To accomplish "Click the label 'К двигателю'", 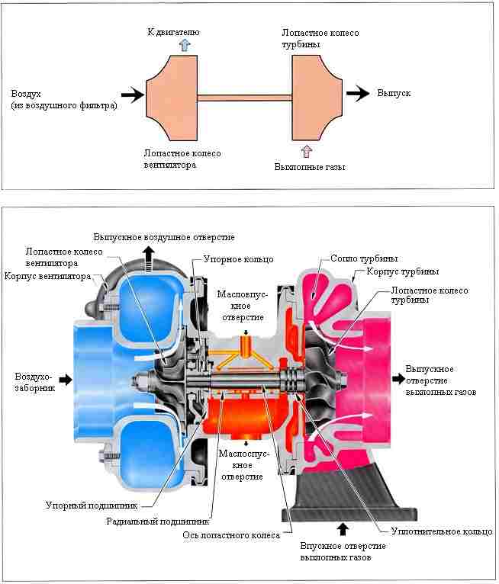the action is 174,32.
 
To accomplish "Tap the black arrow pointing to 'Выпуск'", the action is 358,93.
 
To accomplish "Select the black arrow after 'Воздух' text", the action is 132,95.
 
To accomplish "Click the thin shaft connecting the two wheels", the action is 244,98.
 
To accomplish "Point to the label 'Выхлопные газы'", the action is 310,167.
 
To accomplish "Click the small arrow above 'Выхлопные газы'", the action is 306,152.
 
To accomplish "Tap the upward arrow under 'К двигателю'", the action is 185,45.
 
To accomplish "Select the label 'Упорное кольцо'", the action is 239,259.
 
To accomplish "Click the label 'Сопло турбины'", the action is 364,258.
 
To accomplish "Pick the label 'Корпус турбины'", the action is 403,271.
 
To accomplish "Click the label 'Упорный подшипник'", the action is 92,505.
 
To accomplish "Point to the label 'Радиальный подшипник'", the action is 158,521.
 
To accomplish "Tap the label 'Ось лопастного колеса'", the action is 231,535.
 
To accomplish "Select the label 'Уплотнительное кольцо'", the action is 442,531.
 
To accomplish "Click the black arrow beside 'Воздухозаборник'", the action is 66,380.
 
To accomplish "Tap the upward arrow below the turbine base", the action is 343,530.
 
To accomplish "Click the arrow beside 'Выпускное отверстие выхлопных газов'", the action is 398,379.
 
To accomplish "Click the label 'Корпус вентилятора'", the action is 48,276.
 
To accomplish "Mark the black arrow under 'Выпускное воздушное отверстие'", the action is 149,255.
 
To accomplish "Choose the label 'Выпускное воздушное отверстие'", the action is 164,237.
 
